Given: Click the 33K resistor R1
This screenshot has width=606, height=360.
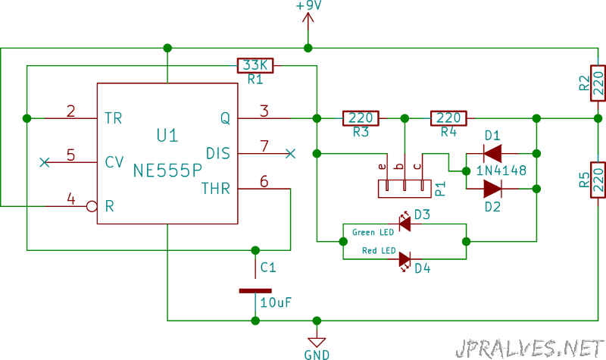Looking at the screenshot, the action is (255, 66).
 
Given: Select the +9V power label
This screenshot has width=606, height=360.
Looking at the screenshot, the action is (308, 6).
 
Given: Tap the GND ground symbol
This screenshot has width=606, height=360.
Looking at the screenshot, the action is (317, 343).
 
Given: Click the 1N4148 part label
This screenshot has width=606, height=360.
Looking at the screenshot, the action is (501, 171).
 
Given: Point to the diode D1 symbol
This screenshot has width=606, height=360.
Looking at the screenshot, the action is (493, 154).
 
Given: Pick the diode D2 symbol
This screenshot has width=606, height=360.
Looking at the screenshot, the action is (493, 189).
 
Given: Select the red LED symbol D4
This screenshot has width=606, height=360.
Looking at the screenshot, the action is (405, 260).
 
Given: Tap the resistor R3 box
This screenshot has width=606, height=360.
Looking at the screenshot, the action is (361, 118).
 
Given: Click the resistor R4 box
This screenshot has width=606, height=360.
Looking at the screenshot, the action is (448, 118).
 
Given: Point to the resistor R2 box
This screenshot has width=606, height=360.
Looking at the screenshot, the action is (598, 83).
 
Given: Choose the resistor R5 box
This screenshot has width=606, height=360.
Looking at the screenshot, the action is (598, 180).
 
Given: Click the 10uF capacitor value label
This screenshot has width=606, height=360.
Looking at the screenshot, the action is (276, 302).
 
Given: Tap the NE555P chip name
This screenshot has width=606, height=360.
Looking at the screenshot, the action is (167, 171).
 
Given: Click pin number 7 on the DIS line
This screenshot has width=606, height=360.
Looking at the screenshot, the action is (264, 146).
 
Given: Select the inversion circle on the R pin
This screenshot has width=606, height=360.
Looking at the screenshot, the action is (92, 206).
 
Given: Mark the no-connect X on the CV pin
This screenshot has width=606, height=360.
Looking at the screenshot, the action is (45, 162).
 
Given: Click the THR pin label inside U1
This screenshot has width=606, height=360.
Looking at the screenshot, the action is (216, 189).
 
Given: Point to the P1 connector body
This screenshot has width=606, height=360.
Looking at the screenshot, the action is (405, 189).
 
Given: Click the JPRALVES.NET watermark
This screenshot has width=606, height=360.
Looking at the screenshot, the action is (529, 349).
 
